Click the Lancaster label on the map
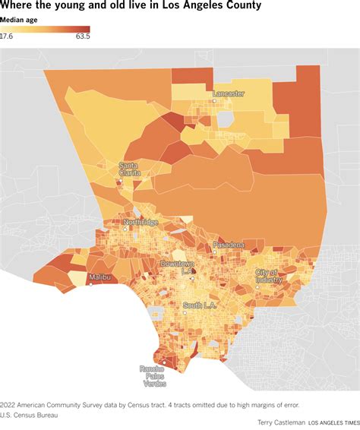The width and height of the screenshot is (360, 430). (x=229, y=93)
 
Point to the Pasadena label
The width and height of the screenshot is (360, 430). (x=229, y=245)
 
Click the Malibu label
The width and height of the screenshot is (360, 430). (x=102, y=278)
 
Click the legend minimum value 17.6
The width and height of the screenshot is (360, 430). (x=7, y=36)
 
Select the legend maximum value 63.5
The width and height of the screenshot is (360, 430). (x=83, y=36)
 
